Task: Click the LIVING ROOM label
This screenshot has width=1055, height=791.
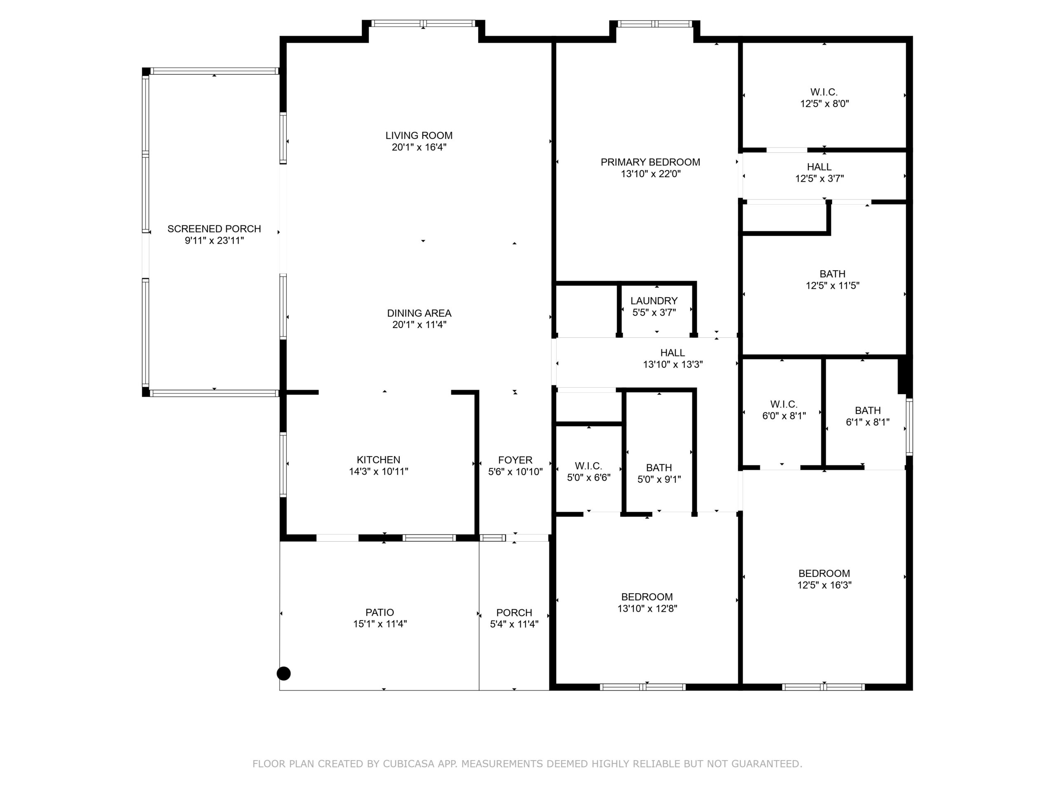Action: point(419,136)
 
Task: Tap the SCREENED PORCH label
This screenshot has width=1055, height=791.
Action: point(214,229)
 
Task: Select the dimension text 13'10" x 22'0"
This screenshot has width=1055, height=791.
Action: point(651,173)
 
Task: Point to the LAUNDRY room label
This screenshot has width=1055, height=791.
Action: point(654,301)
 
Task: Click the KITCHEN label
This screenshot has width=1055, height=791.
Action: point(379,460)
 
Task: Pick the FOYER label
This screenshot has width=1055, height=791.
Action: point(515,460)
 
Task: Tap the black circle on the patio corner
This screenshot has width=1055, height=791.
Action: point(284,673)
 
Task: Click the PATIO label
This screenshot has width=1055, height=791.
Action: point(380,612)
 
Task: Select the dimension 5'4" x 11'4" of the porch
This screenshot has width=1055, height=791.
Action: point(514,624)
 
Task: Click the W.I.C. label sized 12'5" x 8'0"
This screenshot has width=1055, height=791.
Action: point(824,92)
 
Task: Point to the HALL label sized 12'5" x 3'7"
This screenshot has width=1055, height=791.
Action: point(819,167)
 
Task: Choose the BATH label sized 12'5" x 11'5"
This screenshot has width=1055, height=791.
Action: point(832,274)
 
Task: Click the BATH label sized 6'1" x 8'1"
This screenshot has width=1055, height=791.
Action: point(867,410)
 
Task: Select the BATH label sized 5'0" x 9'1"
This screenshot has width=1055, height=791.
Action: point(659,468)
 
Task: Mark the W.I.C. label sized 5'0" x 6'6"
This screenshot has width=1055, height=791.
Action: point(588,466)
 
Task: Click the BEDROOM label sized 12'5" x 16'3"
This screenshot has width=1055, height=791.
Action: point(824,573)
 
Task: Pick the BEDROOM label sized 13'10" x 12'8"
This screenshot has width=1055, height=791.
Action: point(647,597)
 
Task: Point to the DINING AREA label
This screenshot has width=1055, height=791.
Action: point(419,313)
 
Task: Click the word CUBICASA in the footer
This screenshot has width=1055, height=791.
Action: point(409,764)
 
